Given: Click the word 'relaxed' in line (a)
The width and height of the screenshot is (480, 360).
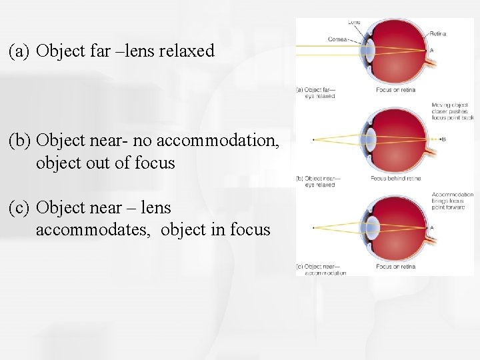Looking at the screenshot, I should point(187,51).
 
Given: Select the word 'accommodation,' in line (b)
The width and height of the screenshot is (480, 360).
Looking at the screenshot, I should point(229,141).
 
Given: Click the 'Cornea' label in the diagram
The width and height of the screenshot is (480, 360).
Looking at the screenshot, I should point(337,39).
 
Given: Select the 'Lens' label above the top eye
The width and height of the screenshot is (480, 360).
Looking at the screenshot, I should point(354,22).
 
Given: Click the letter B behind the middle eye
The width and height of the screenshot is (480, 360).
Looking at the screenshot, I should point(443,139).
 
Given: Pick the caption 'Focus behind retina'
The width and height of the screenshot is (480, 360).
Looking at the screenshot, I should point(396,179).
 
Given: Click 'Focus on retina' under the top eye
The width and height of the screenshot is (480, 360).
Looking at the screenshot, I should point(395,89).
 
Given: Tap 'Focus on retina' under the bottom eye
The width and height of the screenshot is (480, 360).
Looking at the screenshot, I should point(395,267).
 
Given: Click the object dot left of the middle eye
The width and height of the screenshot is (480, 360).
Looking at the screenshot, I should point(313,139).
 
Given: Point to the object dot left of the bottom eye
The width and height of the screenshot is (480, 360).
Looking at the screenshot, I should point(313,228).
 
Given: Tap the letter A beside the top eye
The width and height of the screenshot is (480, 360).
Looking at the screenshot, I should point(432,51).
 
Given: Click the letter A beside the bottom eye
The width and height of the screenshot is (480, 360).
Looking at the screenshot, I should point(432,227).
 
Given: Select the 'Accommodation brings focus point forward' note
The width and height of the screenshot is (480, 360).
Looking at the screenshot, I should point(452,201).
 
